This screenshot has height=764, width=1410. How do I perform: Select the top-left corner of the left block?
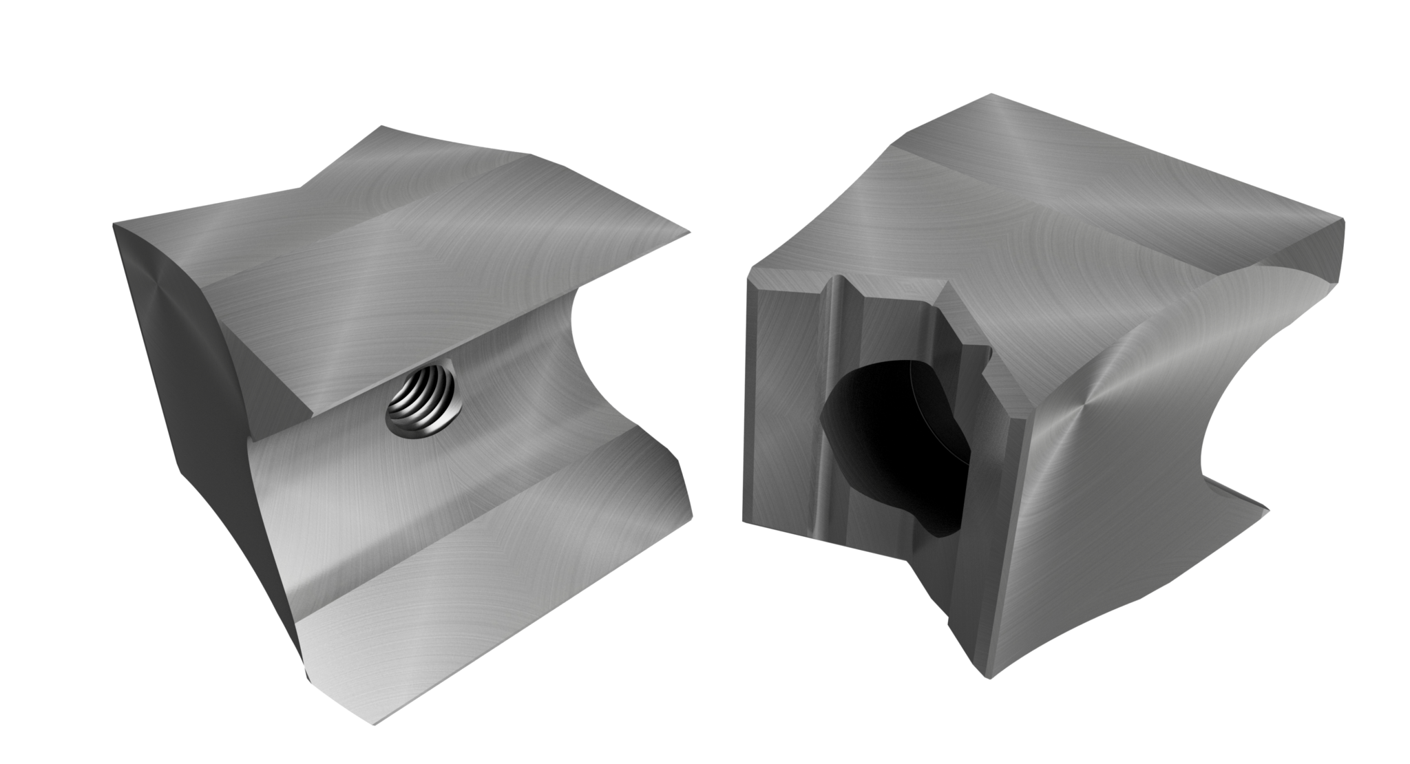(115, 223)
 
